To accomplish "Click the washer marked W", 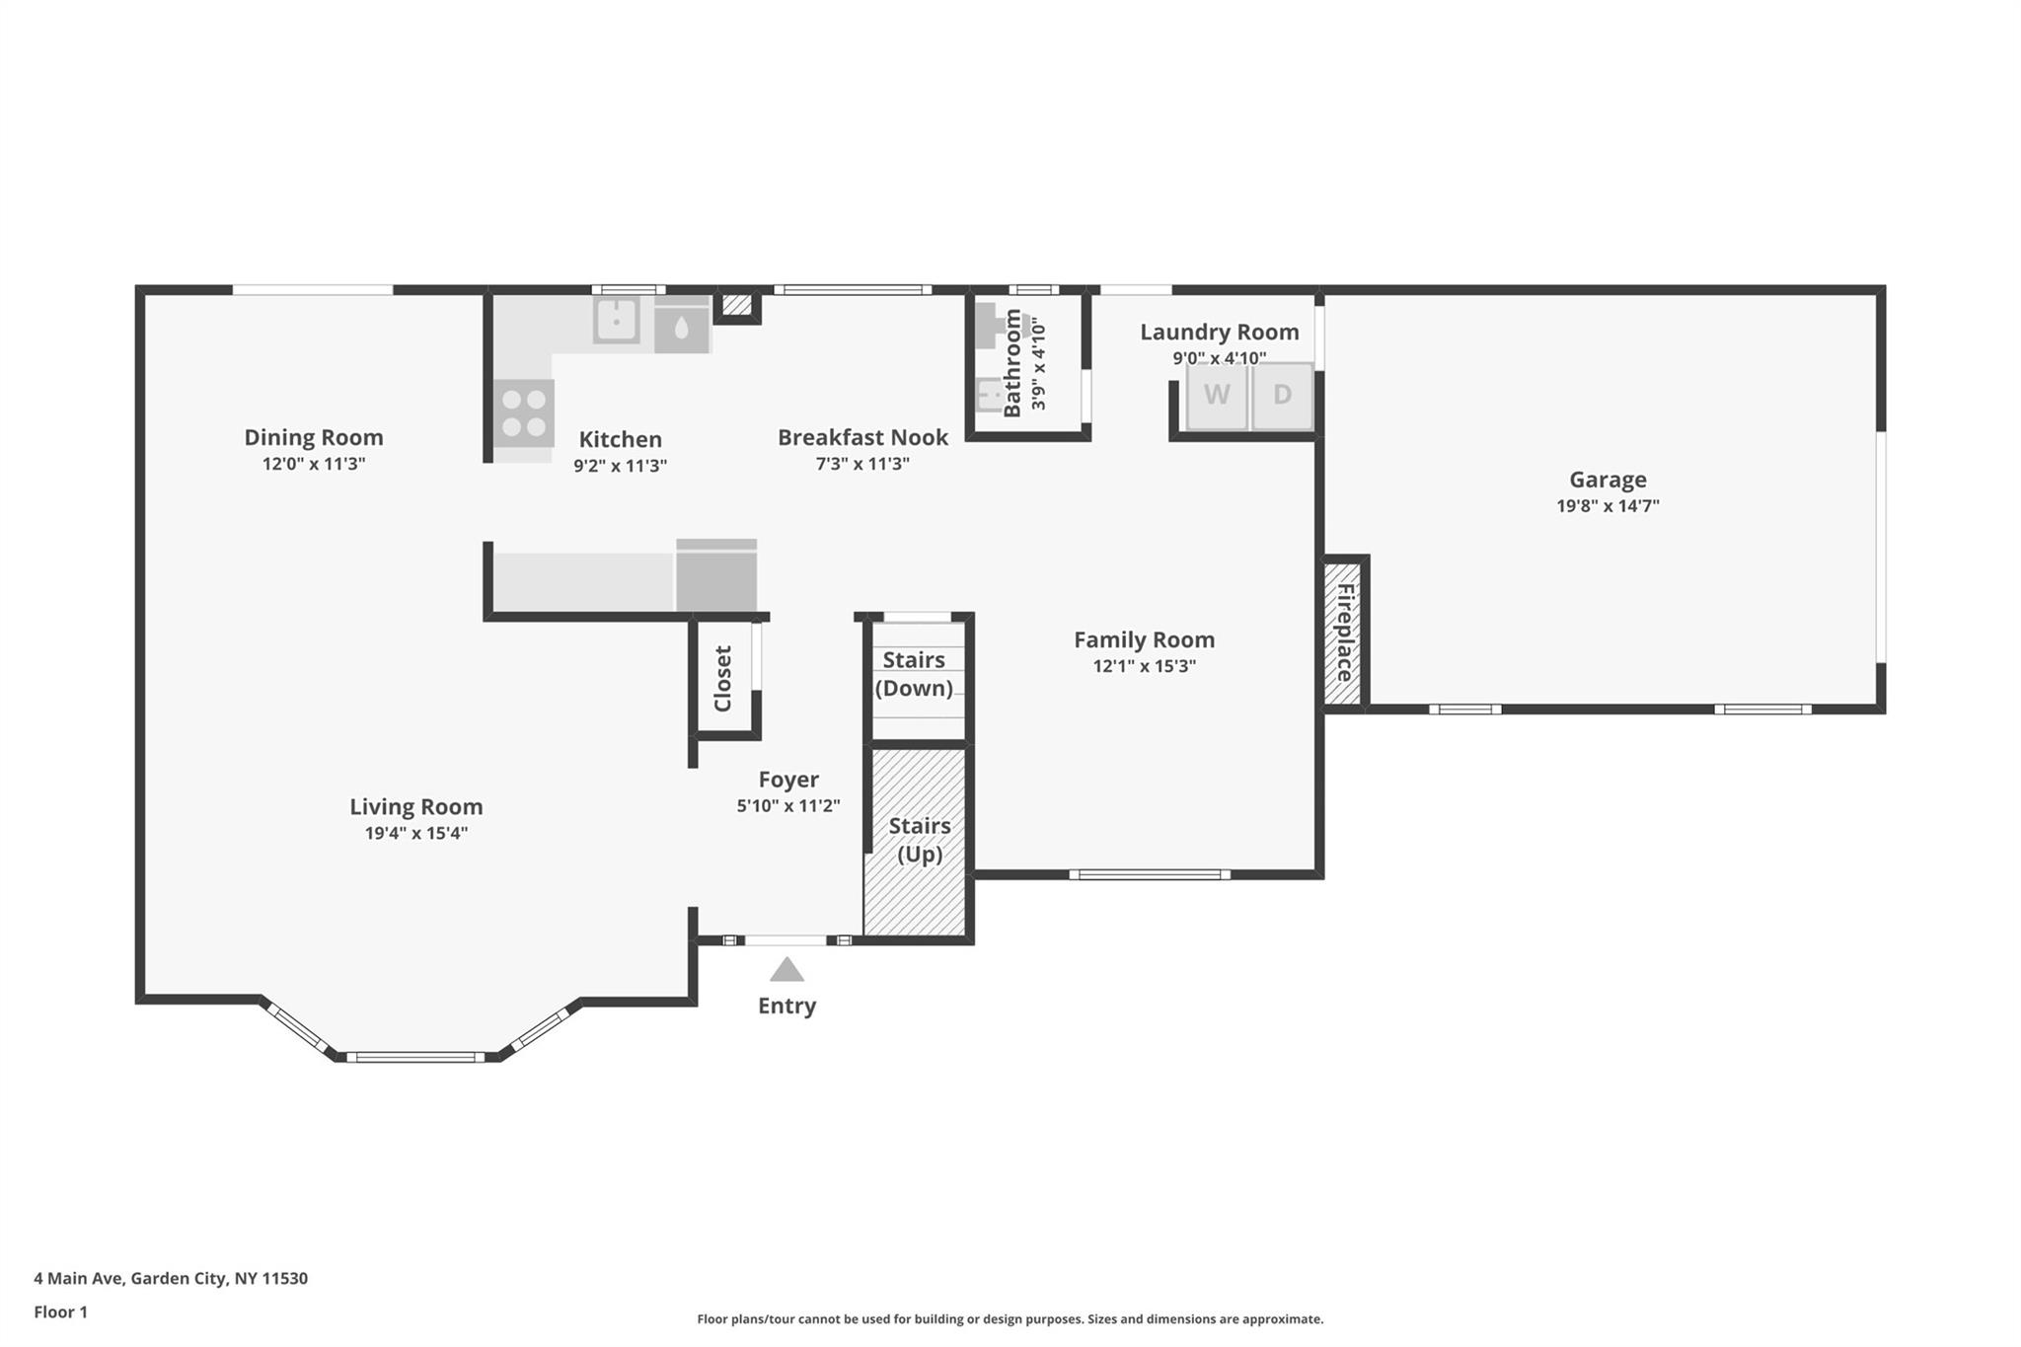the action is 1217,396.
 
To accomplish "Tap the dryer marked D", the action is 1282,396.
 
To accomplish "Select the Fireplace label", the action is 1344,633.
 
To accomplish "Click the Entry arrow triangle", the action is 786,969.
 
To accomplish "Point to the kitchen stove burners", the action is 523,413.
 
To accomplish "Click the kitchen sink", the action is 617,320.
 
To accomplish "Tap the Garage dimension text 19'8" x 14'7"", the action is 1608,506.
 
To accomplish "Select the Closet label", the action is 722,678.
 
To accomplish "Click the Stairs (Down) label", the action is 914,674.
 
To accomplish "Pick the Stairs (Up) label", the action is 920,840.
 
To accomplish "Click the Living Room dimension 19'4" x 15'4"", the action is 416,833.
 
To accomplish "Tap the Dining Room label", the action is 314,437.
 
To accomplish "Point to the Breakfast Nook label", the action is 862,437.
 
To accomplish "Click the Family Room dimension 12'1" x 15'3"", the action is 1145,666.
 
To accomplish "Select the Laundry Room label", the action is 1220,333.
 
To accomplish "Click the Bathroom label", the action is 1012,363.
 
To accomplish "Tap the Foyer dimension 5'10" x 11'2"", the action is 788,806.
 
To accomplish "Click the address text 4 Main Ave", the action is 78,1278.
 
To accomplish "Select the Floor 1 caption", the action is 60,1312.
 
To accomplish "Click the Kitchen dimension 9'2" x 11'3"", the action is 621,466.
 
